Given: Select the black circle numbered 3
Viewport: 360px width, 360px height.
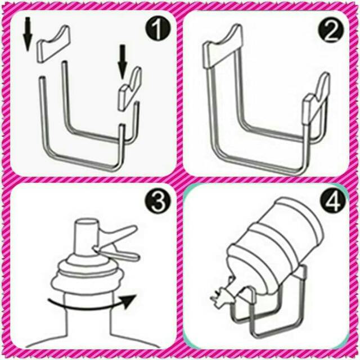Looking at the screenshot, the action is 158,202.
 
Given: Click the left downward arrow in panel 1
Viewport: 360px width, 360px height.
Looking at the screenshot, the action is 28,34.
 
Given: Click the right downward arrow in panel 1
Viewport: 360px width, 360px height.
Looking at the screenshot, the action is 123,61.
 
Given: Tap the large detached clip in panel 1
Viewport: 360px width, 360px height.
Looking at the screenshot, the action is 53,44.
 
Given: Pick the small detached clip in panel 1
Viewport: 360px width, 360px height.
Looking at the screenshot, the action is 129,89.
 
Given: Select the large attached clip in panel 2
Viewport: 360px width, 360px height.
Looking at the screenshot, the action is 223,47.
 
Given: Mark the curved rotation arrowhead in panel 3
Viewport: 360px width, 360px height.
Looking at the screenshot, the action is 128,301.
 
